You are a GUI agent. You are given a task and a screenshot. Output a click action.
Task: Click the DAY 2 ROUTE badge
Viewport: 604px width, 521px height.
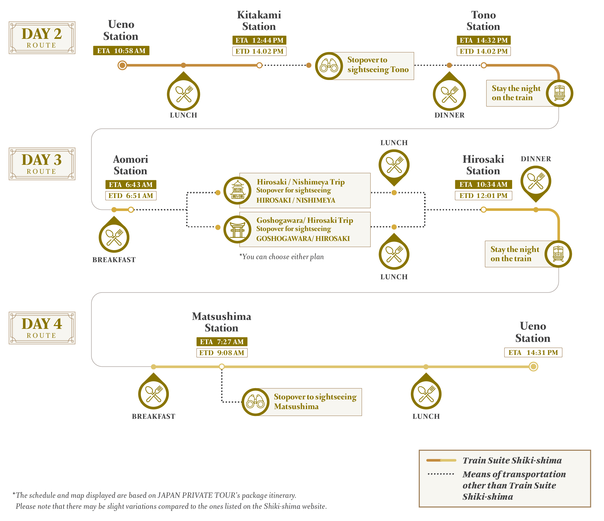[x=42, y=38]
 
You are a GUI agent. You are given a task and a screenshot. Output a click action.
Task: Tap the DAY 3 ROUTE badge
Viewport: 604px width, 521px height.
[x=42, y=164]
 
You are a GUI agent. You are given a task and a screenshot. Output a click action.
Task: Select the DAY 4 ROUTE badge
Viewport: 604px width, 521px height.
[x=42, y=328]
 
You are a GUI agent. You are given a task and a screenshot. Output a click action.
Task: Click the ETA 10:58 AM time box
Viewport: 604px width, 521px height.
[x=121, y=51]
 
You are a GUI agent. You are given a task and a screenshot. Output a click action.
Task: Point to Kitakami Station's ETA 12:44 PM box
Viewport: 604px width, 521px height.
[x=259, y=40]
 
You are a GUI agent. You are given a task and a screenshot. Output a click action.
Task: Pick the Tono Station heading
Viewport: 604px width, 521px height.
[x=483, y=20]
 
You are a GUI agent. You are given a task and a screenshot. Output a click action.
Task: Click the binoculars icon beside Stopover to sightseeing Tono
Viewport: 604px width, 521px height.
[x=329, y=66]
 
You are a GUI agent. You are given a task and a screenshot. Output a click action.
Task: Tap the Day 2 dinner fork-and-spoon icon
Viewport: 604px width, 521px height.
[x=449, y=94]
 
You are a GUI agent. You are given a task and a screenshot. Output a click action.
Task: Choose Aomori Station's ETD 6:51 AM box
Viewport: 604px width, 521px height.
[x=131, y=195]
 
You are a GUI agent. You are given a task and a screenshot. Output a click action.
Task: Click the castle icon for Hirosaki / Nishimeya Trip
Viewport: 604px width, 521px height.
[x=238, y=190]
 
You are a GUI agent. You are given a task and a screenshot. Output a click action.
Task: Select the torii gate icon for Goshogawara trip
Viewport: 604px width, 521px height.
[x=238, y=229]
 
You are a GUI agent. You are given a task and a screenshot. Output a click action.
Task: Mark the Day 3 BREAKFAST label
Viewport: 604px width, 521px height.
[x=114, y=260]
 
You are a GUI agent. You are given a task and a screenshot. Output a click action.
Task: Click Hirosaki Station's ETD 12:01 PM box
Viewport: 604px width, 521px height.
[x=483, y=195]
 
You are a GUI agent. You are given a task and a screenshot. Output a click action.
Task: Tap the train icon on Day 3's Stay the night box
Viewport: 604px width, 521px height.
[x=558, y=254]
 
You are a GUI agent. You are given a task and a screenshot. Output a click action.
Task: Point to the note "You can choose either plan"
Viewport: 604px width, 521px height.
[x=281, y=257]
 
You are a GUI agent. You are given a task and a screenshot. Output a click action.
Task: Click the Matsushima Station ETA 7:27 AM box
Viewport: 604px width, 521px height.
[x=222, y=341]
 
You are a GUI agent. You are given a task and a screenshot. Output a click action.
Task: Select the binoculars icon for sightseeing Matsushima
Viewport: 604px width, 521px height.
[x=255, y=402]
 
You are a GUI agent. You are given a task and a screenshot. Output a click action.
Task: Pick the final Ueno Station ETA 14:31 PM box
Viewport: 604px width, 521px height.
[x=533, y=352]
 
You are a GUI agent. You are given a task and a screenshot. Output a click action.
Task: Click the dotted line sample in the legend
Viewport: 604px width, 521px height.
[x=441, y=474]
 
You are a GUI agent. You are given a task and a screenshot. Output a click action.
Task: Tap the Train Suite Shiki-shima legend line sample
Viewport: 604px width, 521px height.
[x=441, y=460]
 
